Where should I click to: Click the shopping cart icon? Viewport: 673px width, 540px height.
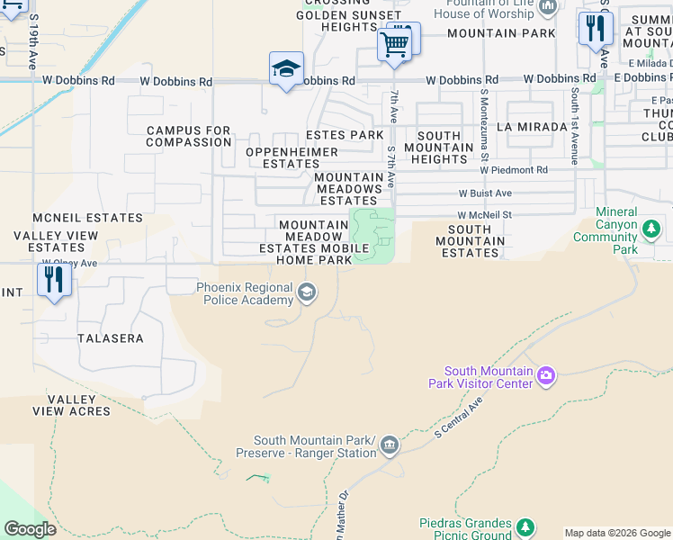[394, 43]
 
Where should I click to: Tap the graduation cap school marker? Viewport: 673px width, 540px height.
[286, 69]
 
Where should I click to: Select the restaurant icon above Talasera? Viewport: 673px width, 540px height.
[54, 281]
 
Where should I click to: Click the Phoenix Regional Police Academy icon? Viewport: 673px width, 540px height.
[307, 291]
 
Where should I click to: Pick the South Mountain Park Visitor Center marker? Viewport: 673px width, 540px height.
[545, 377]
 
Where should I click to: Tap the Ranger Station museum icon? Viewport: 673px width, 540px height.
[389, 445]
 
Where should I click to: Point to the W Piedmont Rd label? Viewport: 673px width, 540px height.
[514, 170]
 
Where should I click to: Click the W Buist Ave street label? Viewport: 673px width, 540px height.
[485, 193]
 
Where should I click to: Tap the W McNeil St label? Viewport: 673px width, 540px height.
[484, 215]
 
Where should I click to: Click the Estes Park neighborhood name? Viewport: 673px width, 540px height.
[345, 135]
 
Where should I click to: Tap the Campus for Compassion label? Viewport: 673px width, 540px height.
[189, 137]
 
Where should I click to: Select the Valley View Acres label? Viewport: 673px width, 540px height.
[78, 406]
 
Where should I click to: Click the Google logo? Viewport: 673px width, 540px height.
[30, 529]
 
